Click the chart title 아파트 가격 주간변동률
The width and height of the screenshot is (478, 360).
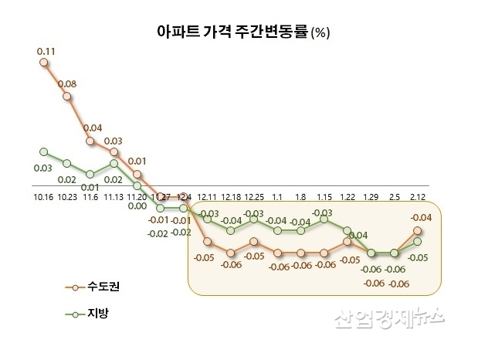220,33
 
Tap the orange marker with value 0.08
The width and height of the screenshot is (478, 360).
67,97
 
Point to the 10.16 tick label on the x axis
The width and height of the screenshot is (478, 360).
43,196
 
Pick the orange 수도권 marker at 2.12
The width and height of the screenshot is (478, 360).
417,230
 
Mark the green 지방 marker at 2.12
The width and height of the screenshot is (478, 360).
417,241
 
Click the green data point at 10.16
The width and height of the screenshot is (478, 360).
44,151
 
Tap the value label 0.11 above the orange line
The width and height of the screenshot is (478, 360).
44,51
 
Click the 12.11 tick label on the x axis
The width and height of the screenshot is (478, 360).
208,196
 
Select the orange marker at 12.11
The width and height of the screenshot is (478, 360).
208,241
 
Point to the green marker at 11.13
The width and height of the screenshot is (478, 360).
114,163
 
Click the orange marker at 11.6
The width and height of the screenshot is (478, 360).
90,141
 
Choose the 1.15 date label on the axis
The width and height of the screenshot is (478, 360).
324,196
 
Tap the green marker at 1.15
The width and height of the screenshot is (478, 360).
324,219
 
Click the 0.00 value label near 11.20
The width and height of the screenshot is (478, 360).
137,205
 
